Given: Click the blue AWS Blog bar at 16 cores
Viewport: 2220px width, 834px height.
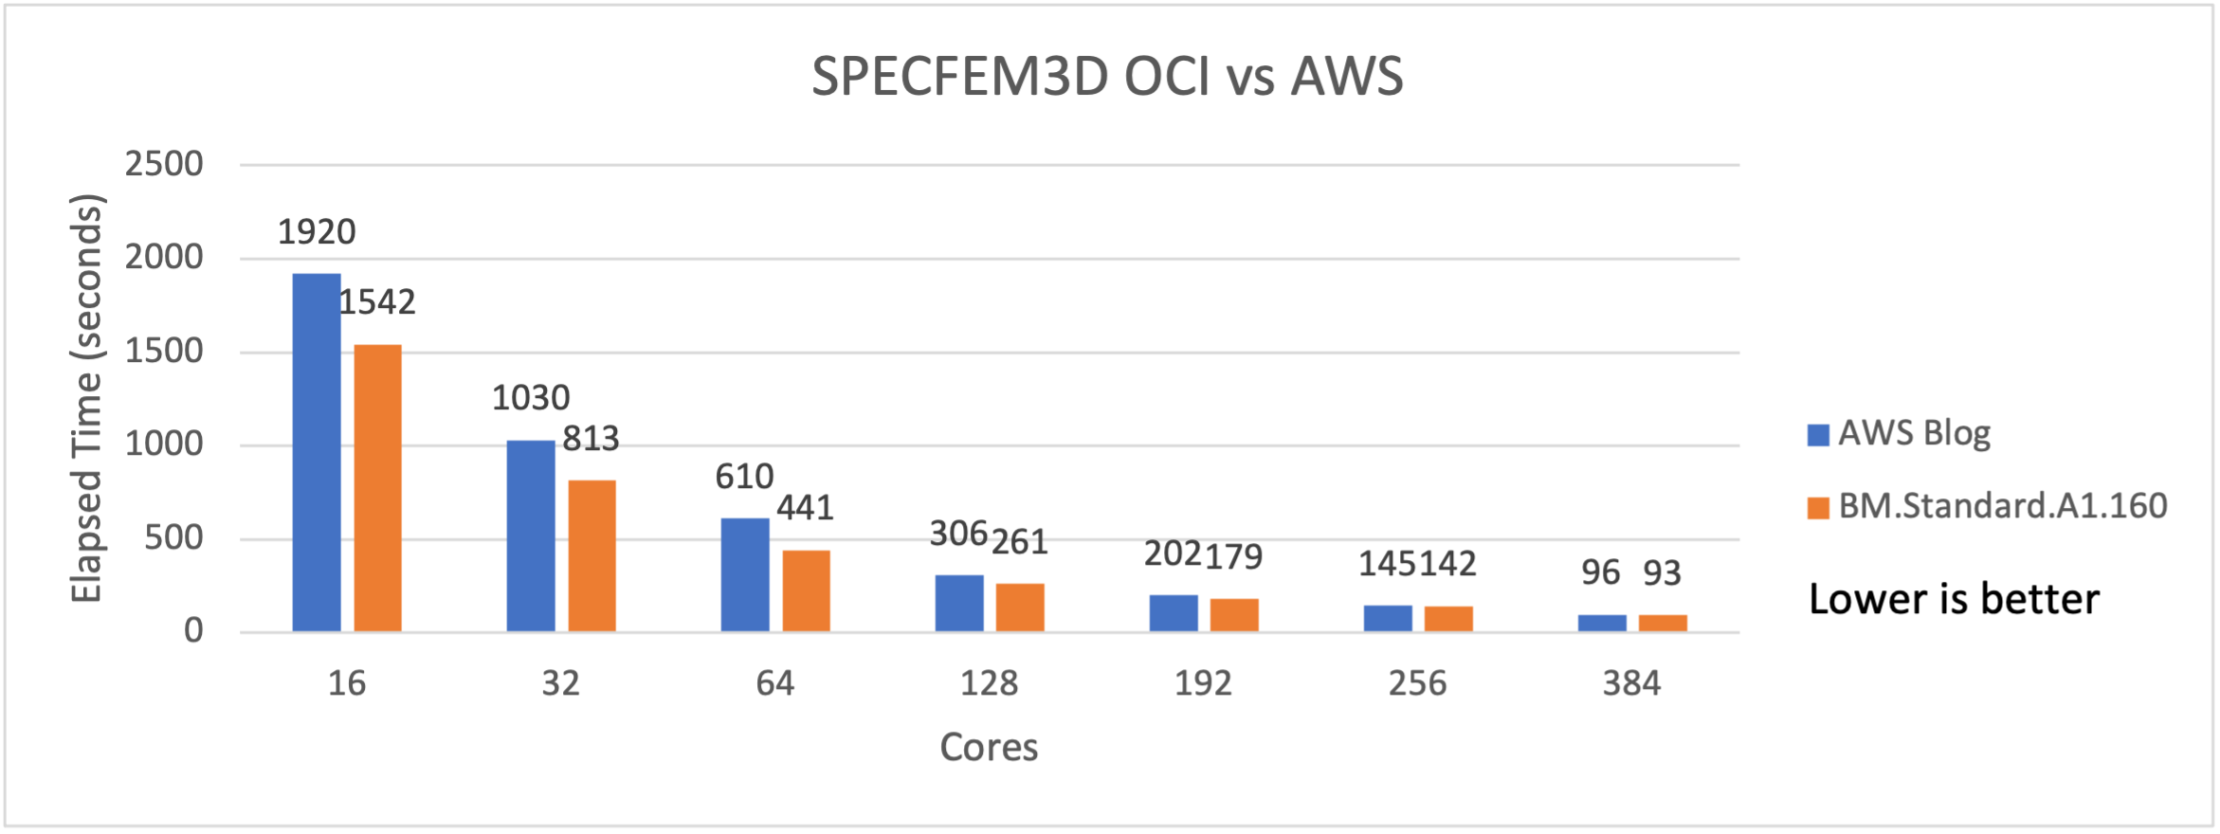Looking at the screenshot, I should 317,453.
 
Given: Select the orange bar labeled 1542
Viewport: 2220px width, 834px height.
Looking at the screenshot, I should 378,488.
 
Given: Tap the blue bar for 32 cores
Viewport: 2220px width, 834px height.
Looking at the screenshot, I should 531,536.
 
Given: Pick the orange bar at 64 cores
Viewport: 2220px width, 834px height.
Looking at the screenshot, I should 807,590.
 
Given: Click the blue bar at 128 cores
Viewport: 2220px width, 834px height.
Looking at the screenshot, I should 959,603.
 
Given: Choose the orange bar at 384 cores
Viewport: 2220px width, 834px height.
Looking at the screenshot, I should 1663,623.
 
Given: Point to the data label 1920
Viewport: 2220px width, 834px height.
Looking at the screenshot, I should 317,232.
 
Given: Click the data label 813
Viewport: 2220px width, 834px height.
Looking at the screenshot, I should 591,439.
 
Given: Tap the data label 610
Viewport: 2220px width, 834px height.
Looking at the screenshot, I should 744,477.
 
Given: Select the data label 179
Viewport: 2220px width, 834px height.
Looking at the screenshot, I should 1233,556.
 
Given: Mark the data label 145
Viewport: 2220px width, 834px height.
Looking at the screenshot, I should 1388,565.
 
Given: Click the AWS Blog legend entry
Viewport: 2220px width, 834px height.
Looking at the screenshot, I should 1900,433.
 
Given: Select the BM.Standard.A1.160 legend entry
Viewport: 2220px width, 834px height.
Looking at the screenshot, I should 1988,506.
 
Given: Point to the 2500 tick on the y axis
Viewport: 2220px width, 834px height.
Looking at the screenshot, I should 164,164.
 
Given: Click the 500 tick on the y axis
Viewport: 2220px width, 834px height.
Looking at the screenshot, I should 173,538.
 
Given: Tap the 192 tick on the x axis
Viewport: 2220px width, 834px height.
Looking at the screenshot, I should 1203,683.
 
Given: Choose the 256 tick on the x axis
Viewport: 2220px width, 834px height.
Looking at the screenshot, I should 1417,683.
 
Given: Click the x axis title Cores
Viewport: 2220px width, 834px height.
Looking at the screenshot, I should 989,748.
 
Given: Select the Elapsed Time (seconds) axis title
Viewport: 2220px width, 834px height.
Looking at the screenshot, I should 86,398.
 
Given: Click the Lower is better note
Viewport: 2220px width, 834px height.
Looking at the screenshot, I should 1954,600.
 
